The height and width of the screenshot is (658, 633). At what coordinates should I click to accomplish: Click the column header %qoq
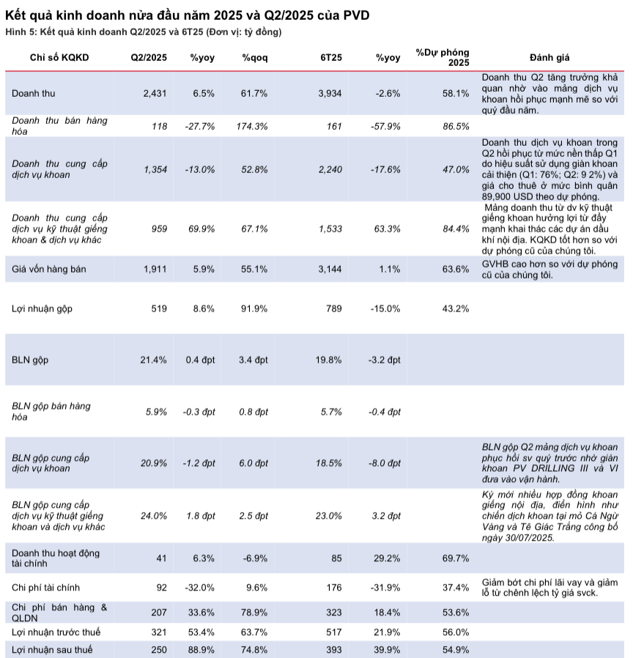(x=255, y=58)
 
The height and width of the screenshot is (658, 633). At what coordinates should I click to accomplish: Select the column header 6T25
(x=331, y=57)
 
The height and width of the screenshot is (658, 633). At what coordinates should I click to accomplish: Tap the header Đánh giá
(x=549, y=57)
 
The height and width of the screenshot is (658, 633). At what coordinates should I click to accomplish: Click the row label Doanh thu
(x=34, y=93)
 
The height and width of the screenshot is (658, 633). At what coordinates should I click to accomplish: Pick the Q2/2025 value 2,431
(x=155, y=93)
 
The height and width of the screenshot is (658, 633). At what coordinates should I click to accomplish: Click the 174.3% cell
(x=252, y=126)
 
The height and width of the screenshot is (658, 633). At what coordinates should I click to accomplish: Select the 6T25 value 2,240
(x=330, y=169)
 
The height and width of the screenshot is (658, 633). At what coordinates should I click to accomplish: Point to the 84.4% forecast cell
(x=456, y=229)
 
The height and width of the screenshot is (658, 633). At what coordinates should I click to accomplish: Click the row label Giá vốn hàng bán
(x=48, y=269)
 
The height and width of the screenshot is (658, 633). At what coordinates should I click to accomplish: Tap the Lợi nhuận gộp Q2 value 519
(x=159, y=308)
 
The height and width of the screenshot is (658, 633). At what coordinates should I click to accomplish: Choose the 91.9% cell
(x=254, y=308)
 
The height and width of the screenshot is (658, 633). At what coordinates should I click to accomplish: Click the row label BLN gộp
(x=30, y=360)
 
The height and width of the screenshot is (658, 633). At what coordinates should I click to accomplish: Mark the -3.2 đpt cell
(x=385, y=360)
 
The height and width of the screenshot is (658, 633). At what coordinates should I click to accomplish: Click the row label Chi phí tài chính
(x=45, y=588)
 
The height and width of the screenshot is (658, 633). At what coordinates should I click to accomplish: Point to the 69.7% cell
(x=456, y=558)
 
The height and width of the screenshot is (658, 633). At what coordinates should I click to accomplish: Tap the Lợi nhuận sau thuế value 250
(x=159, y=650)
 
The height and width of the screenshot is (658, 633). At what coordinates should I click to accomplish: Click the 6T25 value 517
(x=334, y=632)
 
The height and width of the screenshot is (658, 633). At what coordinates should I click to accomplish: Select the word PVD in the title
(x=356, y=15)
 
